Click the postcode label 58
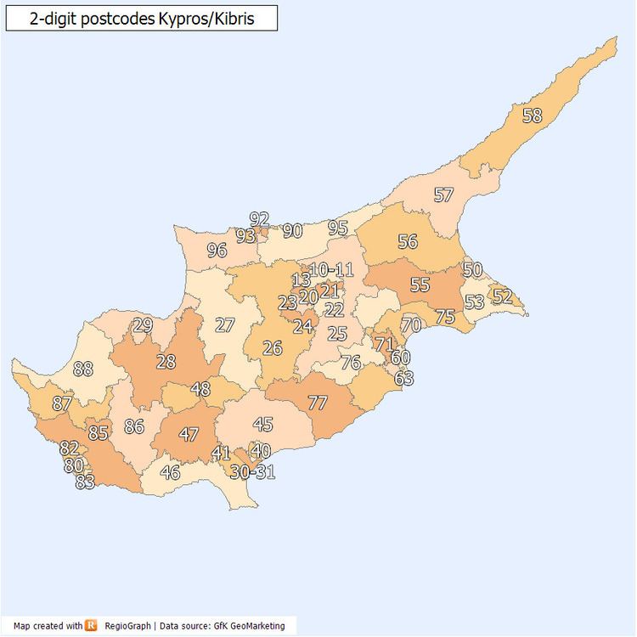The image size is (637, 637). click(x=532, y=116)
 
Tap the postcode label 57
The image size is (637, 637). click(x=443, y=194)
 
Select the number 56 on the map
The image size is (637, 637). click(x=408, y=241)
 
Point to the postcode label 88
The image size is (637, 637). click(x=83, y=369)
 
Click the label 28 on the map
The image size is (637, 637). click(x=166, y=362)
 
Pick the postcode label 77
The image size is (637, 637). click(x=318, y=403)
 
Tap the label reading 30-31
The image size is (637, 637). click(x=253, y=472)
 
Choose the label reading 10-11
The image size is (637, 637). click(x=331, y=270)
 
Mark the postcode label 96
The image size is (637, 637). click(x=217, y=251)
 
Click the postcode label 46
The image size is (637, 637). click(x=170, y=473)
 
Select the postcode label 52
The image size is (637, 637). click(x=502, y=296)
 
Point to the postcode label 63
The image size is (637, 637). click(x=403, y=379)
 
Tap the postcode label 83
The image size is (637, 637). click(x=85, y=482)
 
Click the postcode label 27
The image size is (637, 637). click(x=224, y=325)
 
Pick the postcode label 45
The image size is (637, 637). click(x=263, y=424)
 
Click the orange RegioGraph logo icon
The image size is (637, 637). click(x=92, y=626)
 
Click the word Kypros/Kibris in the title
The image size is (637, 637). click(x=205, y=18)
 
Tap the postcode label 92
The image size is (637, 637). click(x=259, y=219)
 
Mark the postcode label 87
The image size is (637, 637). click(x=62, y=404)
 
